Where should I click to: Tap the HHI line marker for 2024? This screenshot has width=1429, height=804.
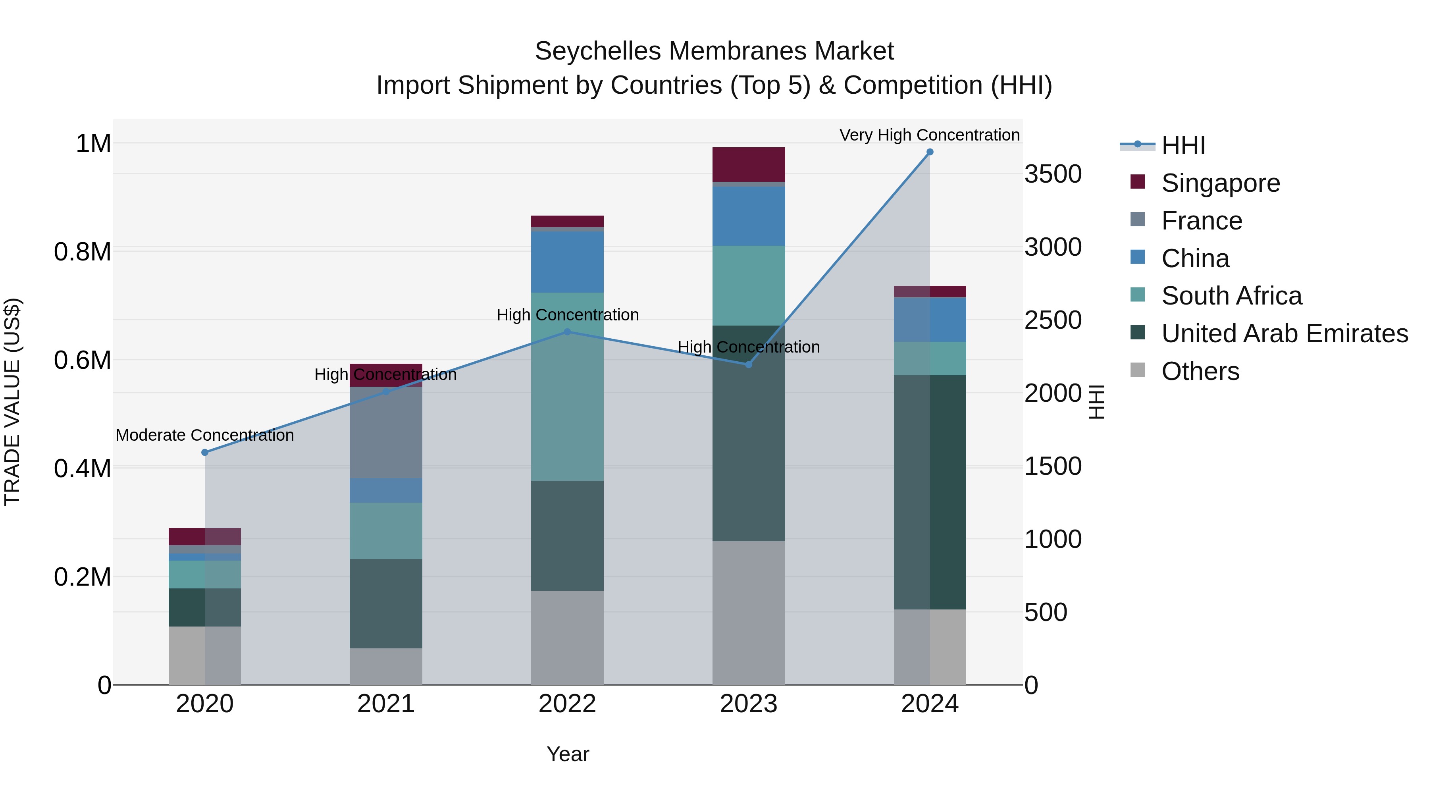click(x=930, y=152)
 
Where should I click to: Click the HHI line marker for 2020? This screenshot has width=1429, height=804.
click(x=205, y=452)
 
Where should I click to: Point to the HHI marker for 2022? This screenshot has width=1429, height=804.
click(x=567, y=332)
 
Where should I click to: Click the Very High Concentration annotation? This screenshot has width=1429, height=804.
click(x=929, y=135)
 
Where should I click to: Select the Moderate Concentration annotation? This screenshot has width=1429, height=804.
click(x=205, y=435)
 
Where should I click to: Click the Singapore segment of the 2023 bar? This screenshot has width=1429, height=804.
click(x=748, y=164)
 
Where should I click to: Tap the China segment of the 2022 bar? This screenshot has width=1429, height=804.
click(x=567, y=261)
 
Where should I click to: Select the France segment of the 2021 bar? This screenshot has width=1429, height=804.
click(x=385, y=432)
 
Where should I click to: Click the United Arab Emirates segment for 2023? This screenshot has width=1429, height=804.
click(x=748, y=433)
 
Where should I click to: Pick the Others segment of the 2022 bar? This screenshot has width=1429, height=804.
click(x=567, y=638)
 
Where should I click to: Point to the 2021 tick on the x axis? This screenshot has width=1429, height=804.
click(x=385, y=704)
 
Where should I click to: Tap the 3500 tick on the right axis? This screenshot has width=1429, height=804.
click(x=1052, y=174)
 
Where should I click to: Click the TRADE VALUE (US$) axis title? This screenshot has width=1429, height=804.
click(x=12, y=402)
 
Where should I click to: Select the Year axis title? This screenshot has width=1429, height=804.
click(x=568, y=754)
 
